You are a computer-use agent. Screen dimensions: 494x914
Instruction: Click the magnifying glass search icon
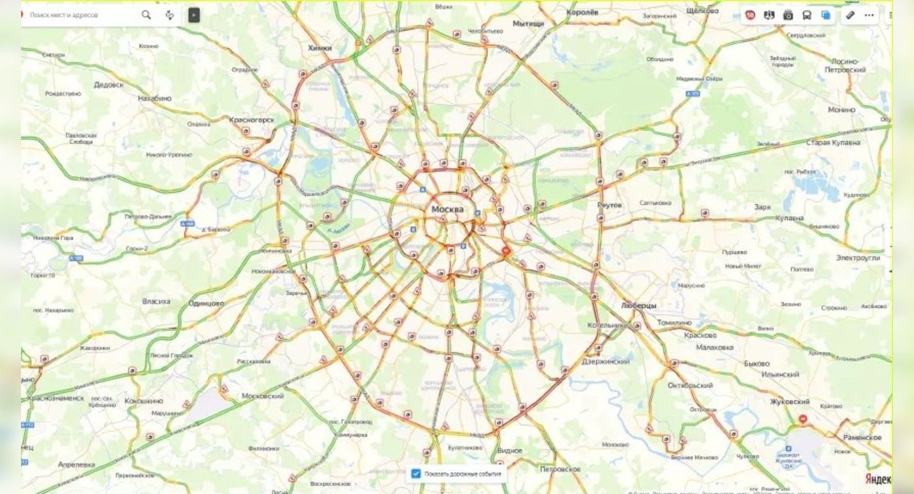click(x=146, y=15)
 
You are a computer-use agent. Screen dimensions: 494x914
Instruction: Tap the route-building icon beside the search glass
click(x=169, y=15)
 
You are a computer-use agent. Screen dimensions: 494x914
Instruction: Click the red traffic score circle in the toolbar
click(x=750, y=15)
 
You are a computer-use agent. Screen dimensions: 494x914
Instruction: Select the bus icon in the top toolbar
click(x=807, y=15)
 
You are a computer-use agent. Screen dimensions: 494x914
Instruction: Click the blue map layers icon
click(x=826, y=15)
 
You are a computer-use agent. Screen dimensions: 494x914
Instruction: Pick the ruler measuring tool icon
click(x=851, y=15)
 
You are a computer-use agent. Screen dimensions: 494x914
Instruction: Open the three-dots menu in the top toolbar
click(x=870, y=15)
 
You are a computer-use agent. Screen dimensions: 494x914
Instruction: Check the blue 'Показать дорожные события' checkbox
click(x=416, y=474)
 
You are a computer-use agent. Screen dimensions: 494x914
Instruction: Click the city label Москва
click(x=447, y=209)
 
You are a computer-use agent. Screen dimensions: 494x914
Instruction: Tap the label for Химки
click(x=320, y=48)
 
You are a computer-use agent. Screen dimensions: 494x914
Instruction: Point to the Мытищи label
click(x=529, y=23)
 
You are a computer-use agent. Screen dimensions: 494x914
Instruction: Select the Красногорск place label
click(x=251, y=119)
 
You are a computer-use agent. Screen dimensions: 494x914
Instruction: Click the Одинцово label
click(x=206, y=303)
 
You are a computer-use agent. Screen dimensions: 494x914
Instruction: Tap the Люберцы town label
click(x=639, y=306)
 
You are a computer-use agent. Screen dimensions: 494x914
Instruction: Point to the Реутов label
click(x=610, y=204)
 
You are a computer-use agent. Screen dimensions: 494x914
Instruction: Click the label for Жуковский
click(x=789, y=401)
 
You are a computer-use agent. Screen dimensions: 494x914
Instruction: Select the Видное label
click(x=509, y=450)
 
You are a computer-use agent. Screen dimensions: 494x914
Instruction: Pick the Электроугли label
click(x=858, y=257)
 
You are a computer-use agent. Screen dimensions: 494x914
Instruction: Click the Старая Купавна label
click(x=833, y=143)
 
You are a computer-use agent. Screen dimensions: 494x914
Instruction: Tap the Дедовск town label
click(x=109, y=85)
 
